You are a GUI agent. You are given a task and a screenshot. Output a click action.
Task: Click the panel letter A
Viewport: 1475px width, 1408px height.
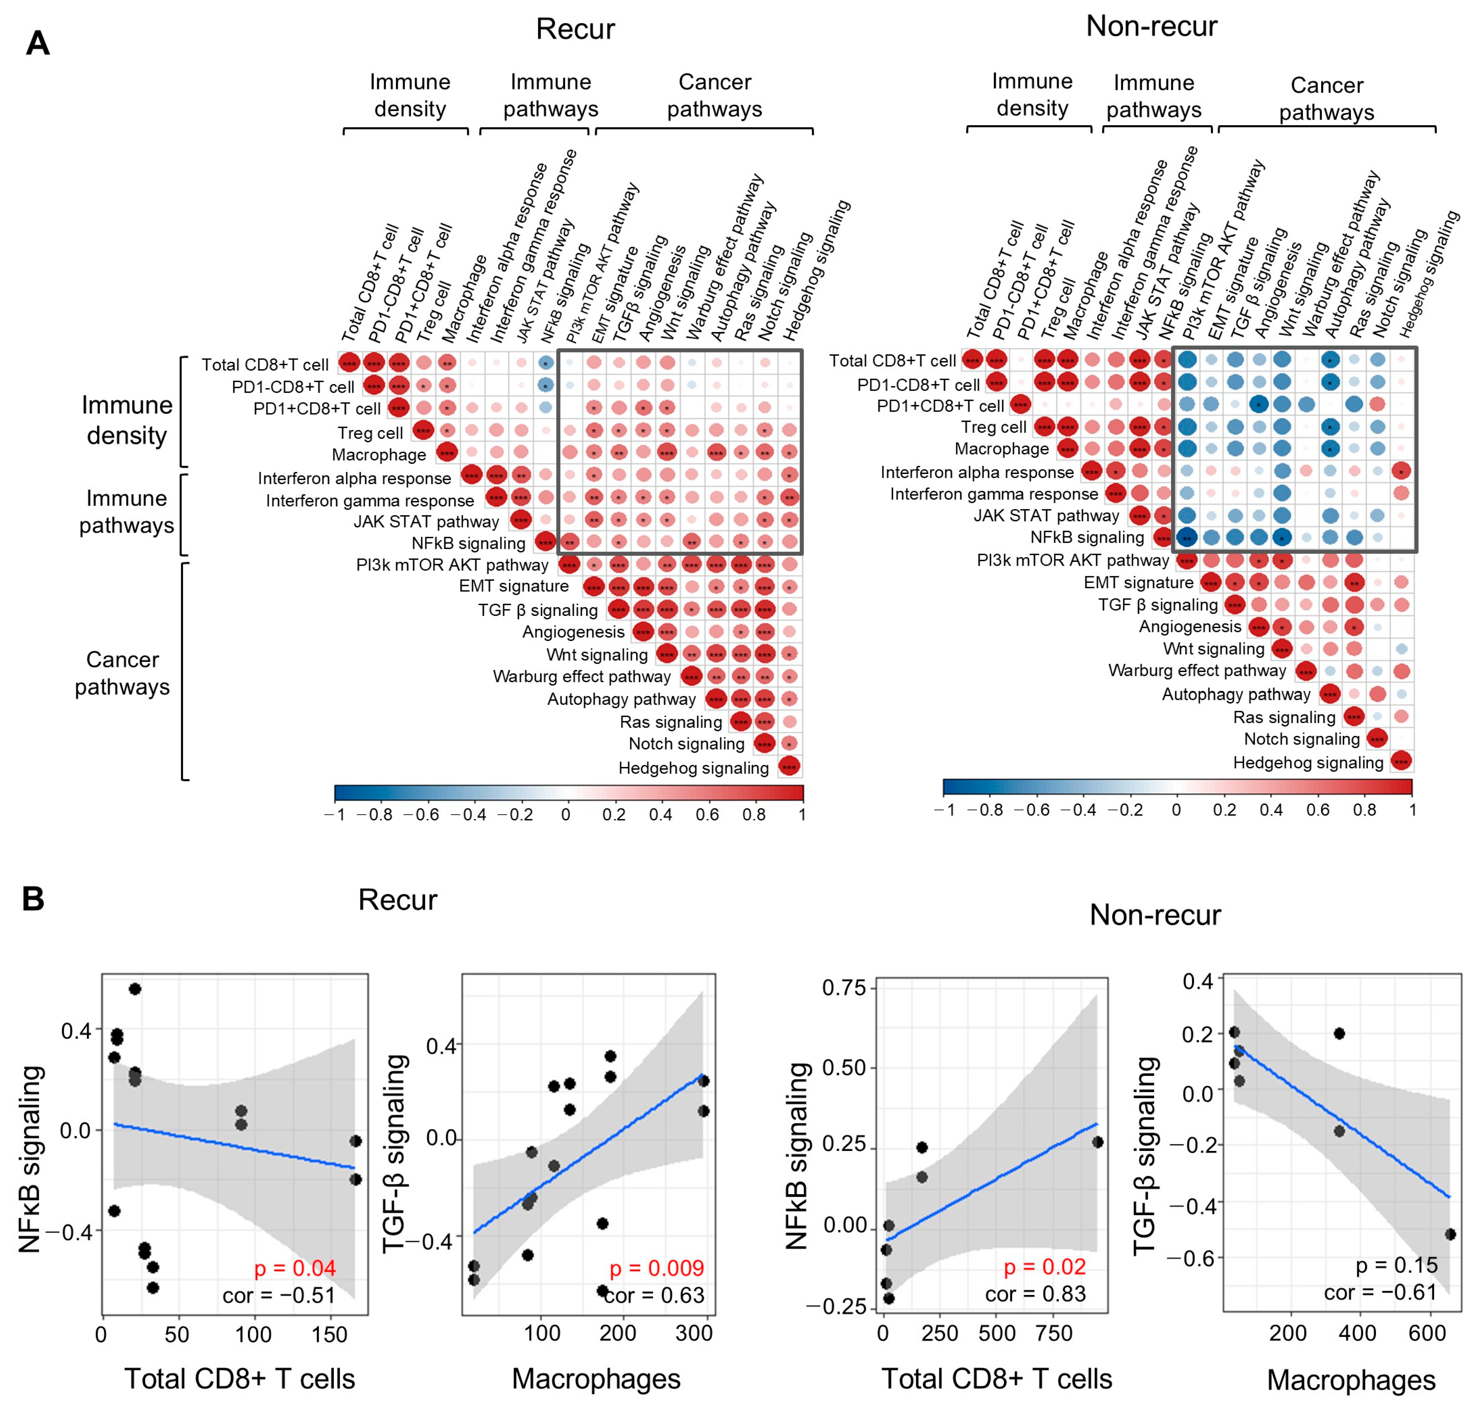(x=38, y=44)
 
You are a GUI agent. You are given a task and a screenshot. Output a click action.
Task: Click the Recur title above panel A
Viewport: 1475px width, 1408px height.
(x=575, y=29)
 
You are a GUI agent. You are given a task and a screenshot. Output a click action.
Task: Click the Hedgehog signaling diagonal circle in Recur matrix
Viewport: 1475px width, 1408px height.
(x=789, y=766)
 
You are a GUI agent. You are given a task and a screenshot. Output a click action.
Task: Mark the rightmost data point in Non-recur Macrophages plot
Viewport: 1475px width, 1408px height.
(x=1450, y=1234)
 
